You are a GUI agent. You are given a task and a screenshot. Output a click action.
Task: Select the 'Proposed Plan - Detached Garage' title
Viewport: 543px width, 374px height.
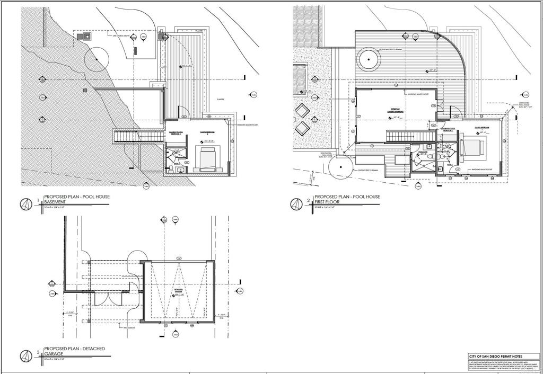coord(74,351)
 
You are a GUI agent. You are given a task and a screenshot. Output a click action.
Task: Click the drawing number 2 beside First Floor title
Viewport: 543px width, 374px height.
coord(308,201)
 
